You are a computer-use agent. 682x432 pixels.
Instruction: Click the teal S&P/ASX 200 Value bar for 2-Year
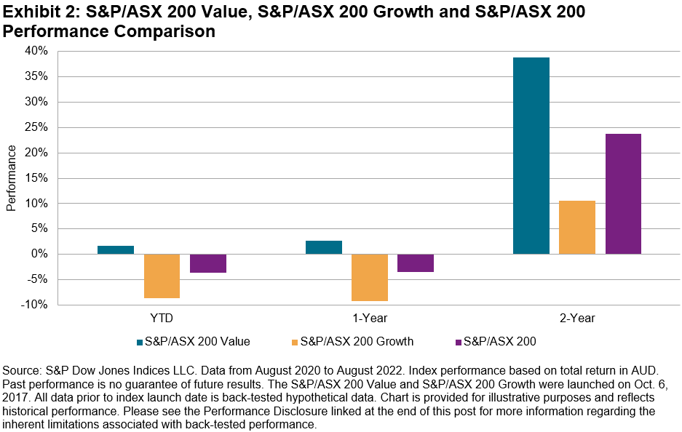click(531, 156)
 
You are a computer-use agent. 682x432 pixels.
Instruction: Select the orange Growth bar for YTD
click(162, 276)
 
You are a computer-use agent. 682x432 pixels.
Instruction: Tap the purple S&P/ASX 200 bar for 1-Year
click(416, 263)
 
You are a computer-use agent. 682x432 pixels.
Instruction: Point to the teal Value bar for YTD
click(116, 249)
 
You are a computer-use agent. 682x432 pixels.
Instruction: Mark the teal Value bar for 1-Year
click(324, 247)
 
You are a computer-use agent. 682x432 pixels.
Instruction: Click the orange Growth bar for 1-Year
click(370, 277)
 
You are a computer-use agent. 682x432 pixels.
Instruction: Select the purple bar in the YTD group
click(207, 263)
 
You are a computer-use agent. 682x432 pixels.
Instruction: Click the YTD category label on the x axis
click(162, 318)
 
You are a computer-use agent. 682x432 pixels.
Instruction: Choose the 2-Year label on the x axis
click(578, 318)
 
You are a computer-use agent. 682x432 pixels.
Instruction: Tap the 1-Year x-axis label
click(370, 318)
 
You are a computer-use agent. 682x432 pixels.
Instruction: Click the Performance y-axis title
click(11, 178)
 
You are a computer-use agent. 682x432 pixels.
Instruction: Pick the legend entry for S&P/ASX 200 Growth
click(357, 340)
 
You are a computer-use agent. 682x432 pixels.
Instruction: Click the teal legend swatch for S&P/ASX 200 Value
click(139, 341)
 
